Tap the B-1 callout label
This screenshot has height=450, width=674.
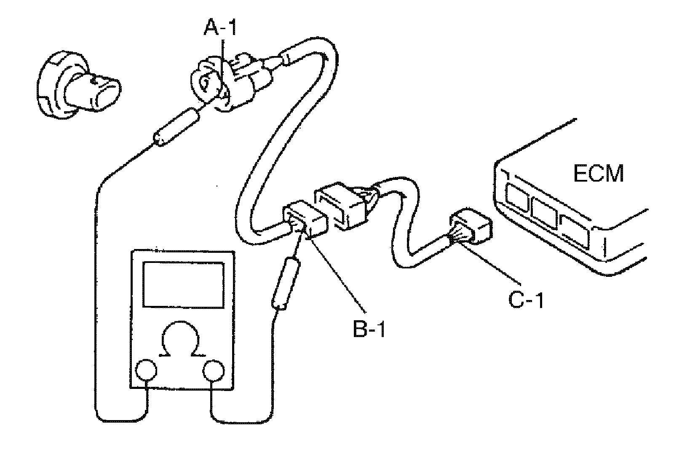pos(369,329)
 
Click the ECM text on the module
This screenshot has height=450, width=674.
pos(599,173)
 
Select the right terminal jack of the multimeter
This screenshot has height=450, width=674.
pos(213,371)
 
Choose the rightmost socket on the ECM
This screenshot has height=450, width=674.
pos(575,230)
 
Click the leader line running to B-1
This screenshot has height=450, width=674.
pos(335,274)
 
